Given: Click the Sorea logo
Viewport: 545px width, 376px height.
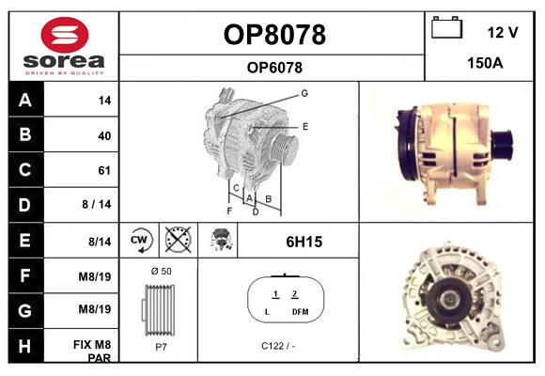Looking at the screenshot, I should click(x=64, y=46).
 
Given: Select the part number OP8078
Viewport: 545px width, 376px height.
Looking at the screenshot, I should click(x=274, y=35).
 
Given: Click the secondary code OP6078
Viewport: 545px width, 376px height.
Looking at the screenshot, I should click(x=274, y=67).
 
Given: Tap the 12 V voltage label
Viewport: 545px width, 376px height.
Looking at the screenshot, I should click(x=503, y=33).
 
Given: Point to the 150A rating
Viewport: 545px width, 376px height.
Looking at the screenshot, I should click(x=486, y=64).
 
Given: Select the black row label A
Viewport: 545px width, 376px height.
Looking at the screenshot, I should click(x=25, y=101).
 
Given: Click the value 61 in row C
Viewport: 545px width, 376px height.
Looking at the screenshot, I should click(x=104, y=170).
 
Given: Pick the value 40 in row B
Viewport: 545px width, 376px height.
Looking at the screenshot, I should click(x=104, y=135).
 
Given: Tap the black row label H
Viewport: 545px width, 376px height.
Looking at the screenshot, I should click(x=25, y=345).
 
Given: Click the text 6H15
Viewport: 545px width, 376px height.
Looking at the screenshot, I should click(x=304, y=242).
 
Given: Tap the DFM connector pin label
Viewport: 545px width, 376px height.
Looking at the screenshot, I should click(x=300, y=311).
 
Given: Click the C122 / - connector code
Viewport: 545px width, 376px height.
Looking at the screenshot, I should click(x=278, y=346).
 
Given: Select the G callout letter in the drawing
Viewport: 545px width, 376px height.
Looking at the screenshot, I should click(x=304, y=93).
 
